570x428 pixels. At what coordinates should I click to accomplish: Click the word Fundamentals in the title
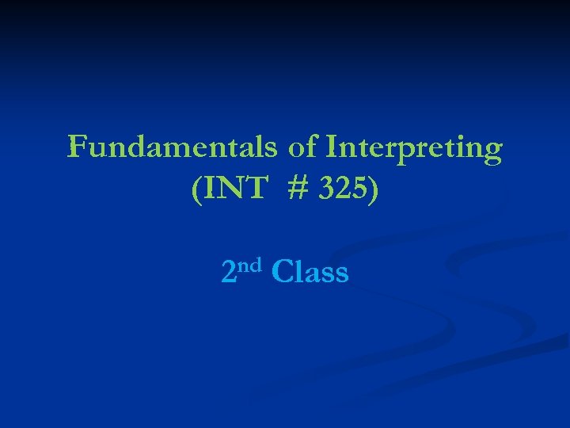[x=172, y=147]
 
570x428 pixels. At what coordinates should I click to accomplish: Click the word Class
[x=310, y=272]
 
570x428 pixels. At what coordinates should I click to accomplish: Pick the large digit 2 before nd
[x=229, y=273]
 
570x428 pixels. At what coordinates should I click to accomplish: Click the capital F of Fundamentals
[x=77, y=147]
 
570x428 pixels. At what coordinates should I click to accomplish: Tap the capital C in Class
[x=281, y=272]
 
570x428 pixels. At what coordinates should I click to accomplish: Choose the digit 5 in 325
[x=358, y=191]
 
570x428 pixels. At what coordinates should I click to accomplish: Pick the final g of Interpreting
[x=492, y=151]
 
